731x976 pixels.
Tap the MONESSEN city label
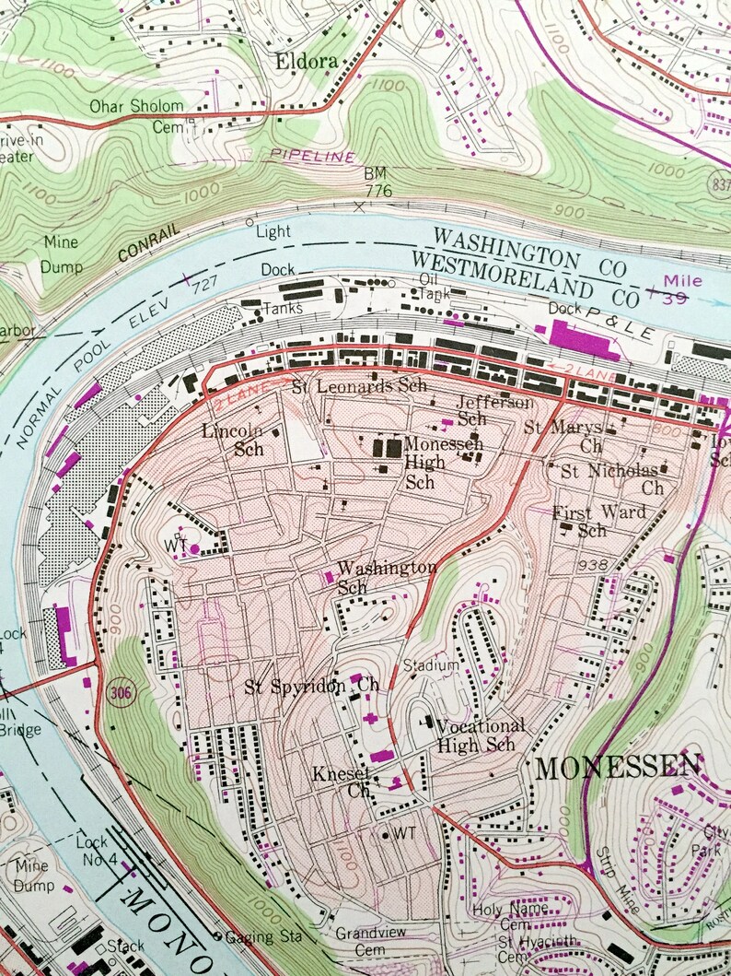pos(618,767)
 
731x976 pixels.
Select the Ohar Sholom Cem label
pos(136,116)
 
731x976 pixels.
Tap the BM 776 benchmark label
pos(377,182)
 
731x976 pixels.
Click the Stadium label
pos(430,664)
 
